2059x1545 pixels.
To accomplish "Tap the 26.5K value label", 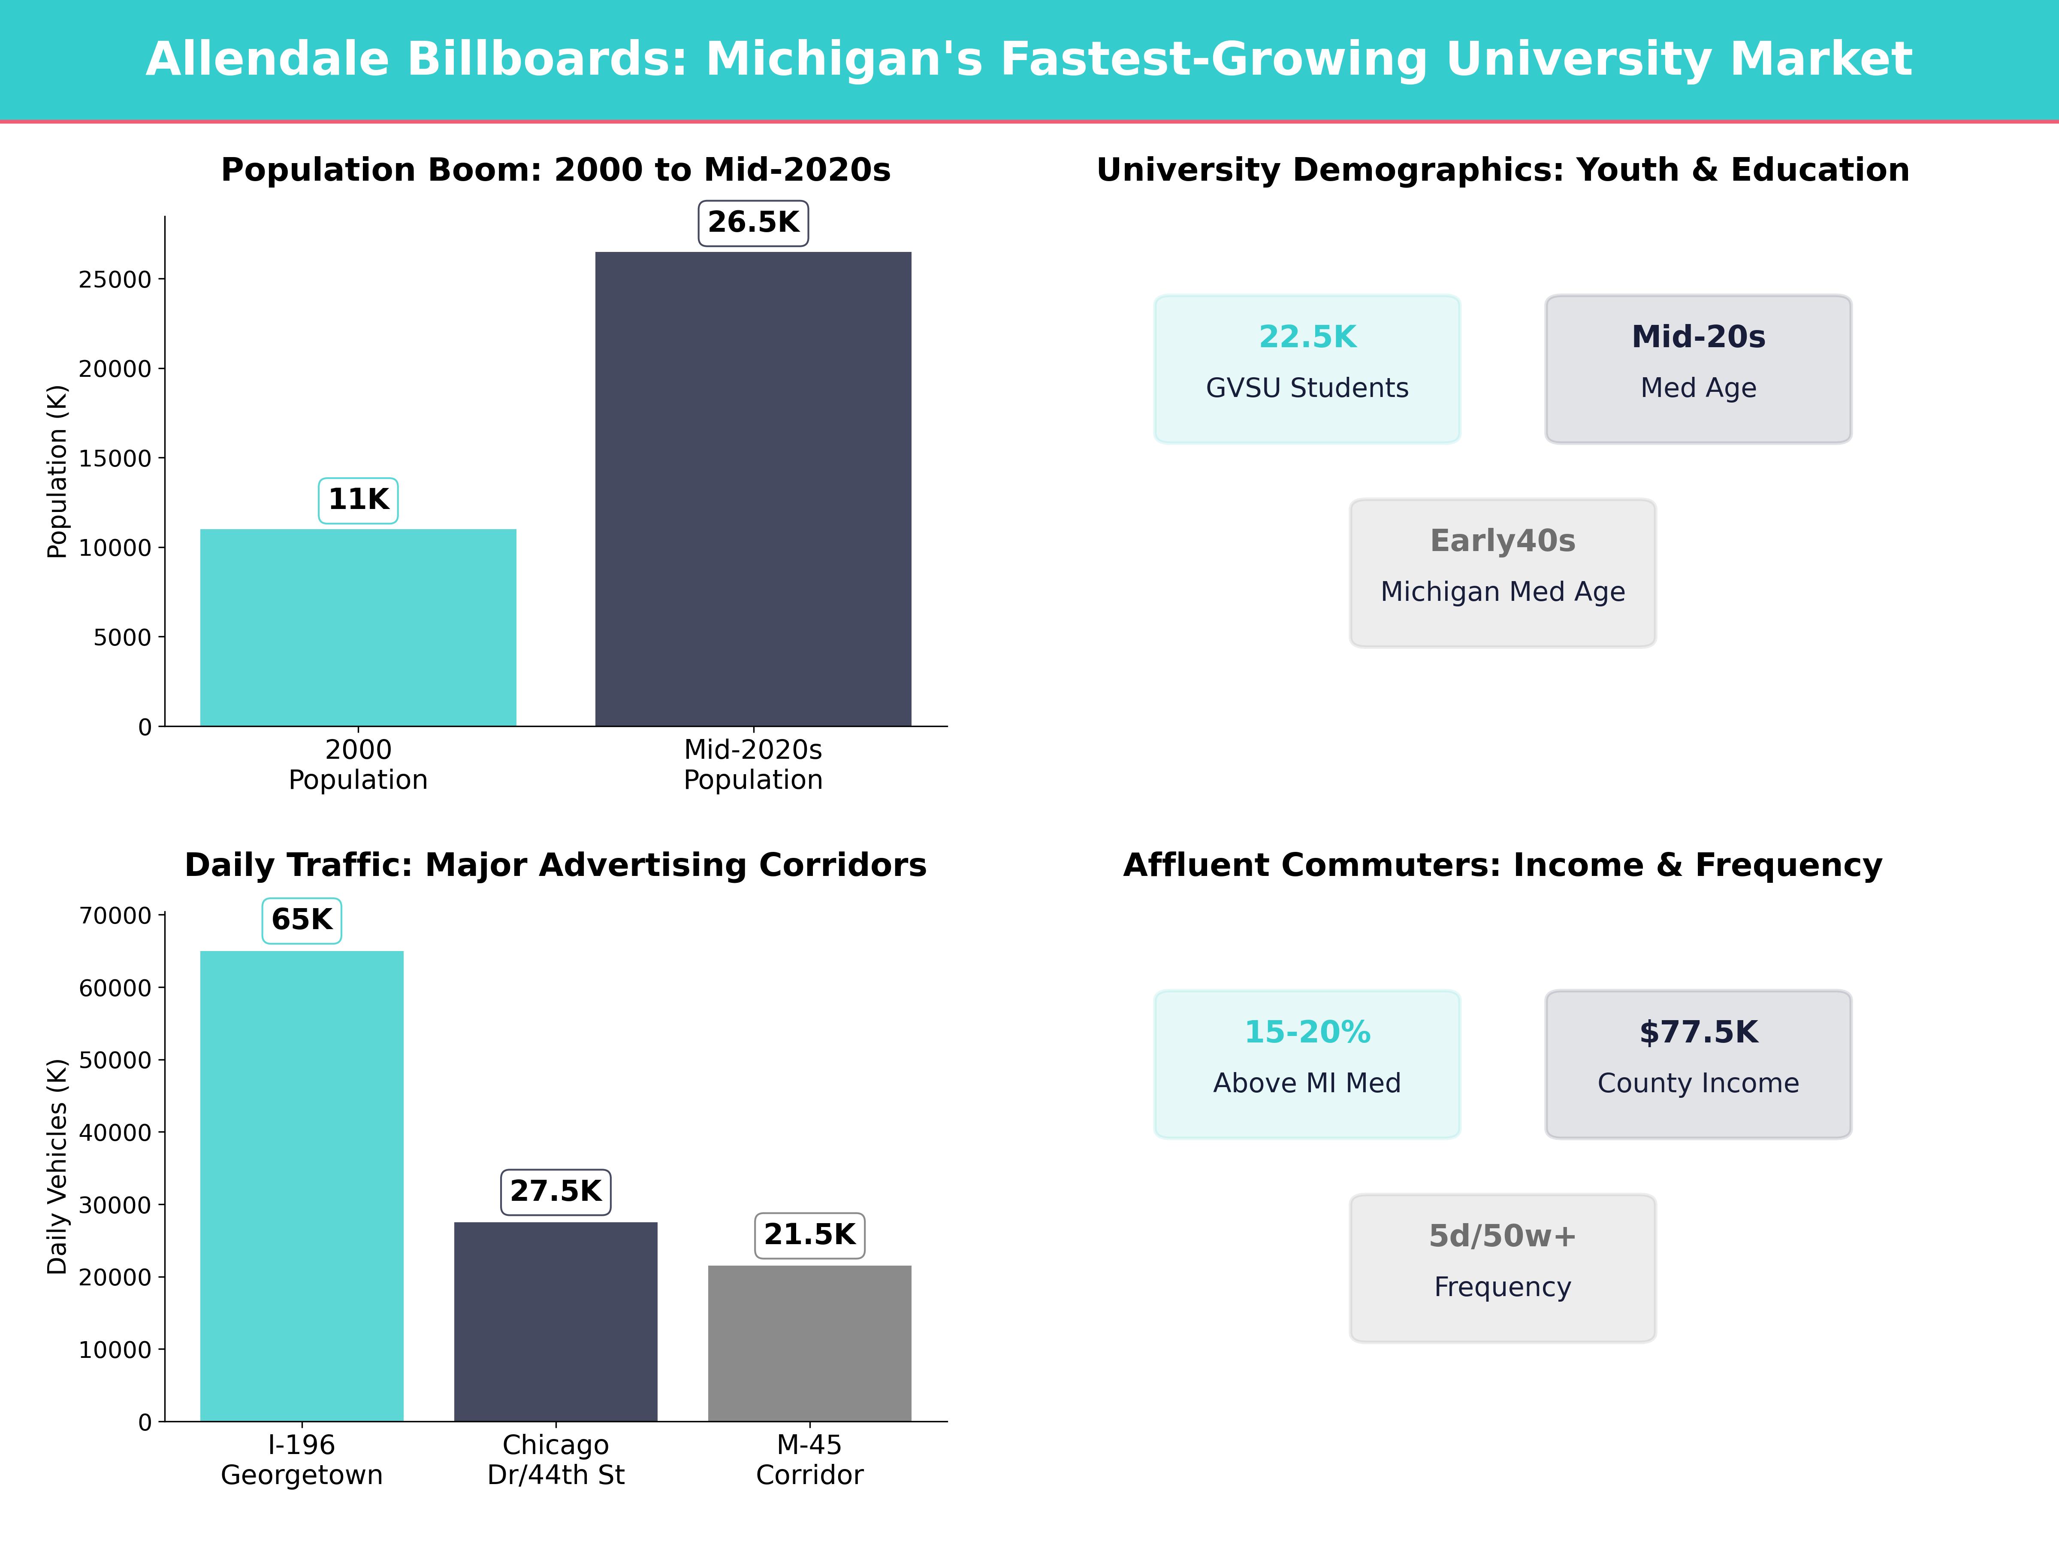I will pos(753,223).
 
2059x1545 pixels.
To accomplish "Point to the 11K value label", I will pos(358,500).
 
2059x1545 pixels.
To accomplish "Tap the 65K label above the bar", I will pos(302,920).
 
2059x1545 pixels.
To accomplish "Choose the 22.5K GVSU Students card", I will pos(1307,369).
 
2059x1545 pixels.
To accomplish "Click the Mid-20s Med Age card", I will pos(1698,369).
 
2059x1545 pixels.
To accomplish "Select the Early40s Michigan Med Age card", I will pos(1502,573).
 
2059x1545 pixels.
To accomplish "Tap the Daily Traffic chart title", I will pos(556,865).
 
